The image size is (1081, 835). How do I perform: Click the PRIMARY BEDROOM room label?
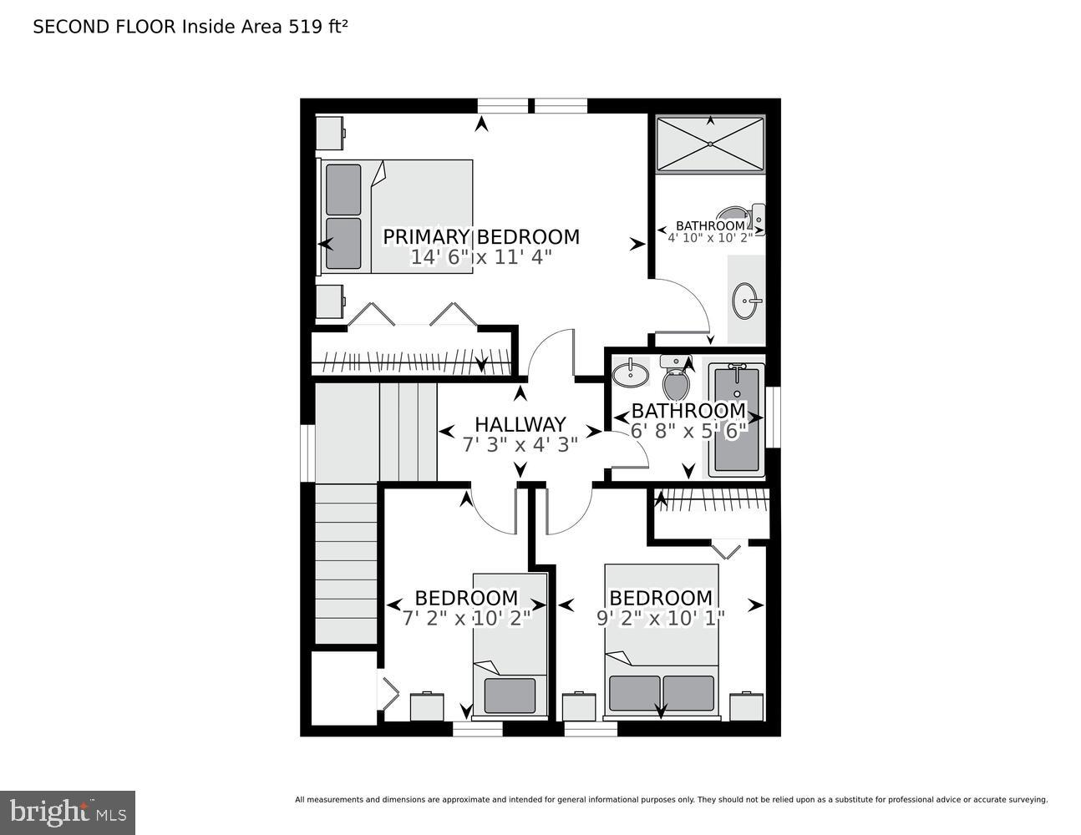(480, 237)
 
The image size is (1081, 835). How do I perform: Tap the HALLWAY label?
(520, 425)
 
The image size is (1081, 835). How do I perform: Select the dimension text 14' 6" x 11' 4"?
(480, 258)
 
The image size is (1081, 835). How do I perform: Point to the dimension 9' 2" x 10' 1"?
(660, 619)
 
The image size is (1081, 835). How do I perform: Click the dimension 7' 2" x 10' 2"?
(466, 619)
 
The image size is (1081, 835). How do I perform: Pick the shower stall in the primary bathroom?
(709, 144)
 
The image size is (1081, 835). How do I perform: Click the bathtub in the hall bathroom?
(736, 420)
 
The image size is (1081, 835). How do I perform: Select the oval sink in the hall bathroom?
(630, 373)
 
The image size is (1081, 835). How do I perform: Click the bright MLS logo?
(68, 812)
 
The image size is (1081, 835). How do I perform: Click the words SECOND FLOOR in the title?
(104, 27)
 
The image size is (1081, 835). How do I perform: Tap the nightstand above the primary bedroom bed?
(330, 132)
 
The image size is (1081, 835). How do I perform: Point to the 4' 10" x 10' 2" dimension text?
(710, 237)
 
